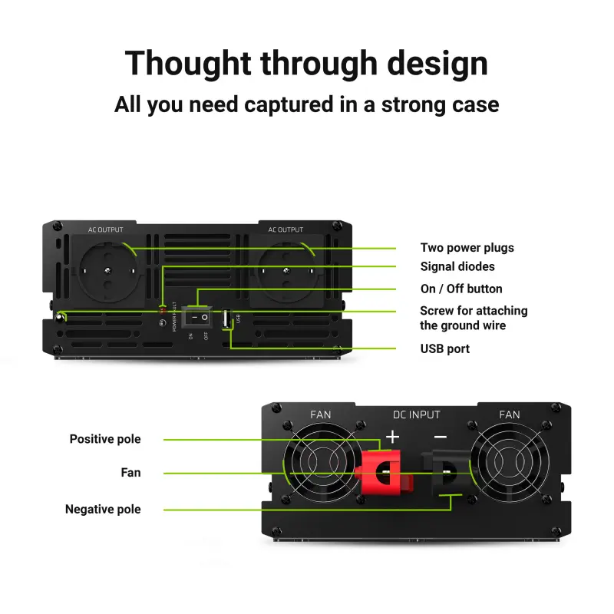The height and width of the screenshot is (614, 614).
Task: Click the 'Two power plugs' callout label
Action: (467, 248)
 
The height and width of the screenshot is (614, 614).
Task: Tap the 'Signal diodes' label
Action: (457, 267)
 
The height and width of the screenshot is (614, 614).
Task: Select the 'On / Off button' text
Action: (461, 289)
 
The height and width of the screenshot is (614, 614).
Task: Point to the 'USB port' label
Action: (445, 349)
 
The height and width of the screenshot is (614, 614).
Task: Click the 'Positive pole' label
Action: (105, 440)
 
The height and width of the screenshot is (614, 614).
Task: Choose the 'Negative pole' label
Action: (103, 510)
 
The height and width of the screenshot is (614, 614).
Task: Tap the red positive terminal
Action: (381, 470)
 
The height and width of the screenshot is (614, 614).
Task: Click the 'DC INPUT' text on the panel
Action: (417, 415)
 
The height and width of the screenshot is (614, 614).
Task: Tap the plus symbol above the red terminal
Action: (392, 437)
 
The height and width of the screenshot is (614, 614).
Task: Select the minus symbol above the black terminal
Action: (440, 437)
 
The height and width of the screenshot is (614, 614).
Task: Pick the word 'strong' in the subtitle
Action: (414, 104)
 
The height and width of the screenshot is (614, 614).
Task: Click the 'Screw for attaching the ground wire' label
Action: (474, 319)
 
